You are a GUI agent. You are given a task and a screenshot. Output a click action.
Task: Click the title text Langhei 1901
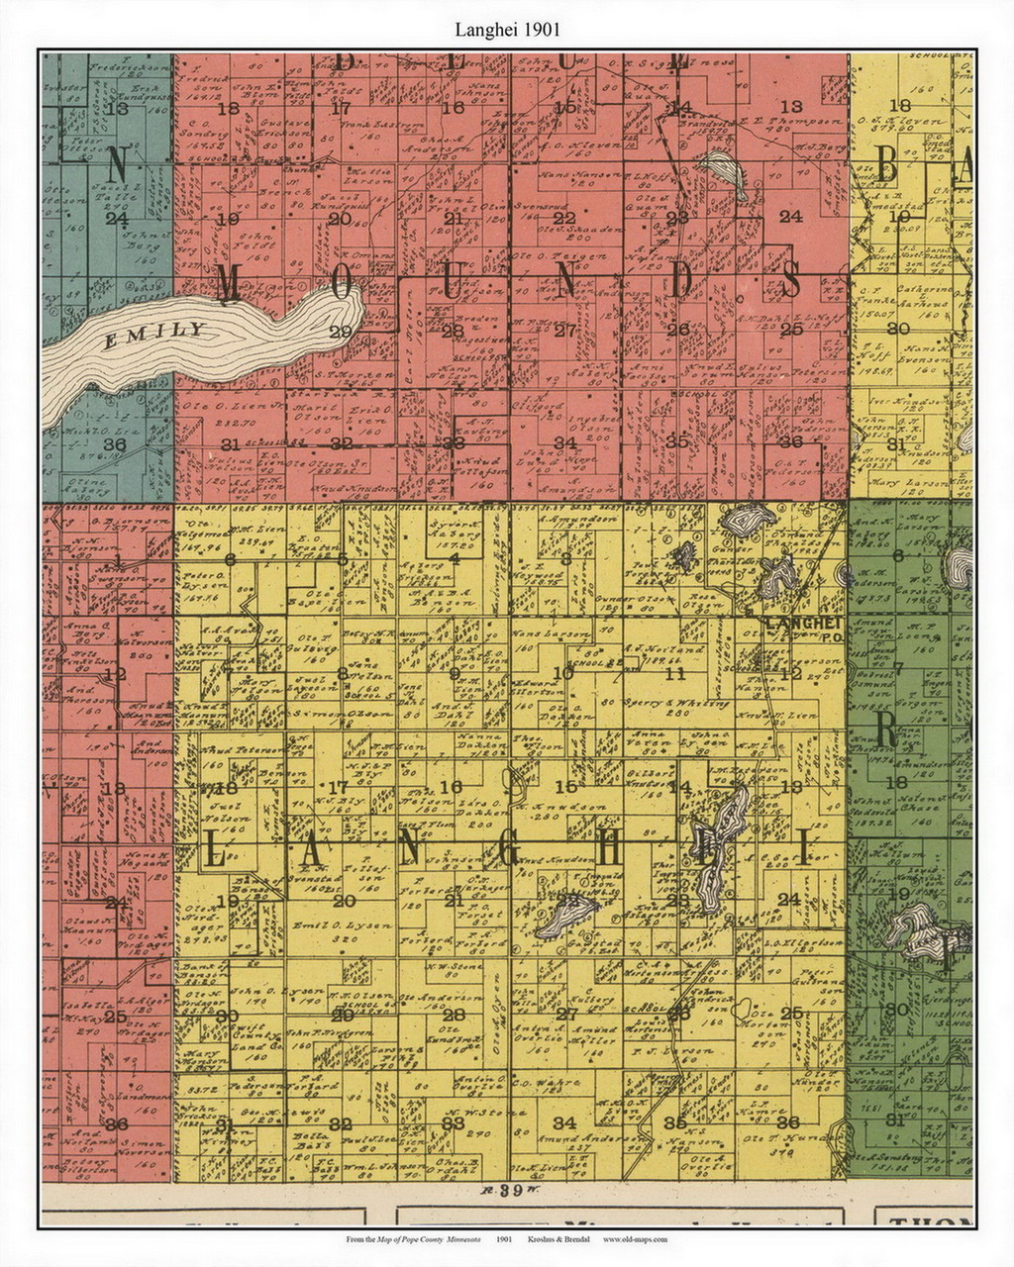pyautogui.click(x=506, y=31)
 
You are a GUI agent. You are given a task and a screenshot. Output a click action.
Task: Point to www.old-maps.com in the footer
pyautogui.click(x=635, y=1239)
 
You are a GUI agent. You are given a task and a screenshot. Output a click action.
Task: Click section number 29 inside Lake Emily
pyautogui.click(x=340, y=332)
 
